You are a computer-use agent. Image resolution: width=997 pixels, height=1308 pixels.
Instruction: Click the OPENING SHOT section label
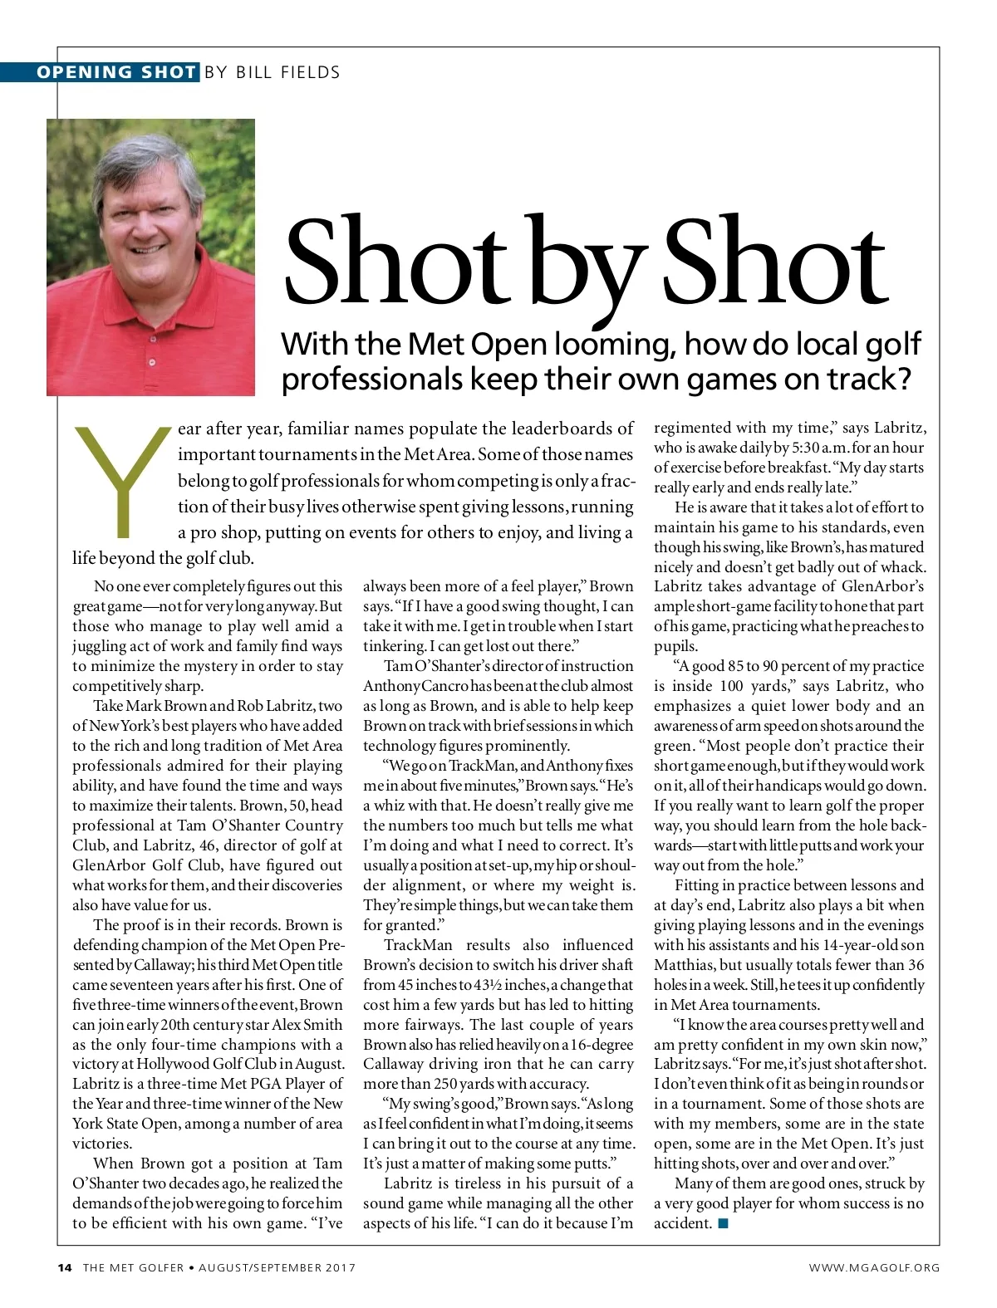pos(115,72)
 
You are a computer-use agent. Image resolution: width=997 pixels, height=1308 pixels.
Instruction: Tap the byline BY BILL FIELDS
pos(272,72)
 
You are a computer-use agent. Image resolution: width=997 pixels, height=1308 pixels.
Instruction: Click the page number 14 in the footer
pos(65,1267)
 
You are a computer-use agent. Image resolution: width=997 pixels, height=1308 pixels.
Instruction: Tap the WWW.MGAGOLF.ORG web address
pos(874,1267)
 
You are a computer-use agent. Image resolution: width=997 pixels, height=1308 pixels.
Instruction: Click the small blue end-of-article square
pos(723,1223)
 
